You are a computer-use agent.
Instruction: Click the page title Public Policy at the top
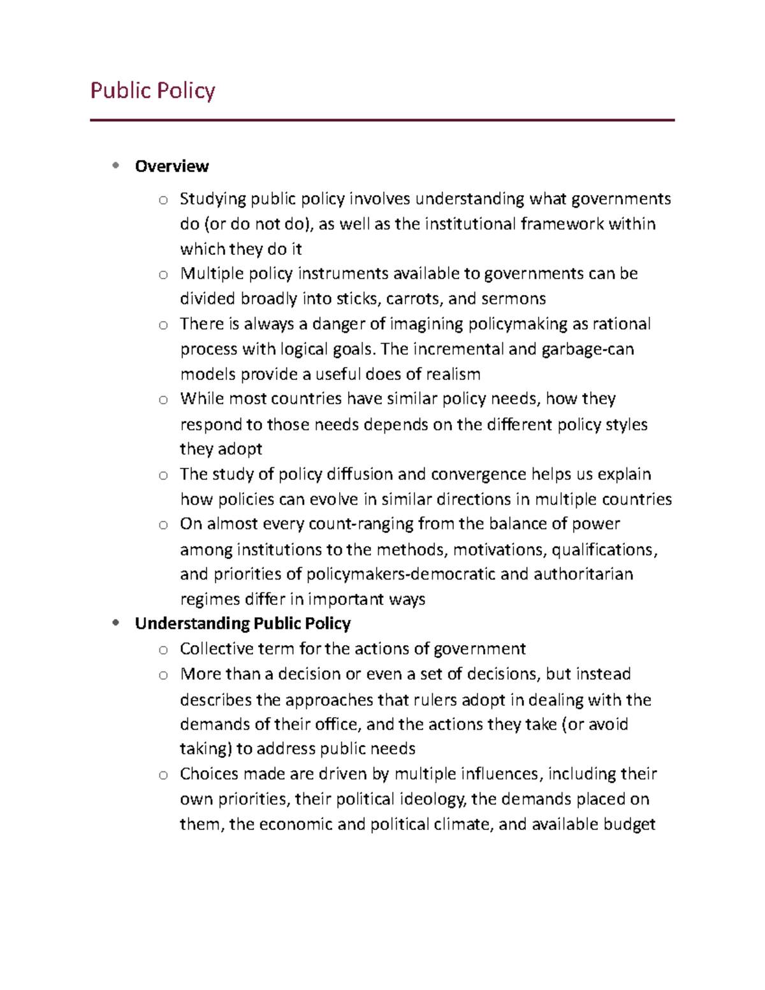click(152, 91)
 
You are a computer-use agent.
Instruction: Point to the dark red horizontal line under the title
click(382, 120)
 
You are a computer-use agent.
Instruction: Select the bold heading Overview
click(171, 166)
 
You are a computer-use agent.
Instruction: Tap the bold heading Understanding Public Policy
click(242, 623)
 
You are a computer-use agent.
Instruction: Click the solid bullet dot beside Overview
click(115, 166)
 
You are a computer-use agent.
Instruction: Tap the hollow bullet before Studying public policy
click(163, 200)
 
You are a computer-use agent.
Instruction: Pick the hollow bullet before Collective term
click(163, 650)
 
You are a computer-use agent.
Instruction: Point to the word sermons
click(513, 299)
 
